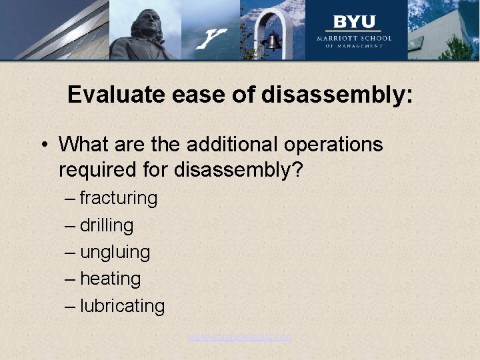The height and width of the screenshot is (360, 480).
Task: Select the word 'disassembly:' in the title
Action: pos(337,95)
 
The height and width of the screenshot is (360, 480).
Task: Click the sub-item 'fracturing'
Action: pos(119,198)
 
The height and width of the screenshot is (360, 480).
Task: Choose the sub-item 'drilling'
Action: pos(107,225)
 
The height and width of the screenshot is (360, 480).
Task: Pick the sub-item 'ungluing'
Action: pos(115,253)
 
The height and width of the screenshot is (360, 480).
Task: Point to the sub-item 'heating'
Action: pos(110,279)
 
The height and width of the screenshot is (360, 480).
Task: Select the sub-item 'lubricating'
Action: pos(122,306)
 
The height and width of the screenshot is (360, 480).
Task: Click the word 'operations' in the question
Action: pos(337,145)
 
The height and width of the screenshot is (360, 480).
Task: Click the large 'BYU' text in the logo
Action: pos(354,21)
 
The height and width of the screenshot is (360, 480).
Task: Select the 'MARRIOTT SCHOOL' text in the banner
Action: pos(354,38)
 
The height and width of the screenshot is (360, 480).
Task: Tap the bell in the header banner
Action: pos(272,42)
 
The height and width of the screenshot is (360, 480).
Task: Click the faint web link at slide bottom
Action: pos(239,337)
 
